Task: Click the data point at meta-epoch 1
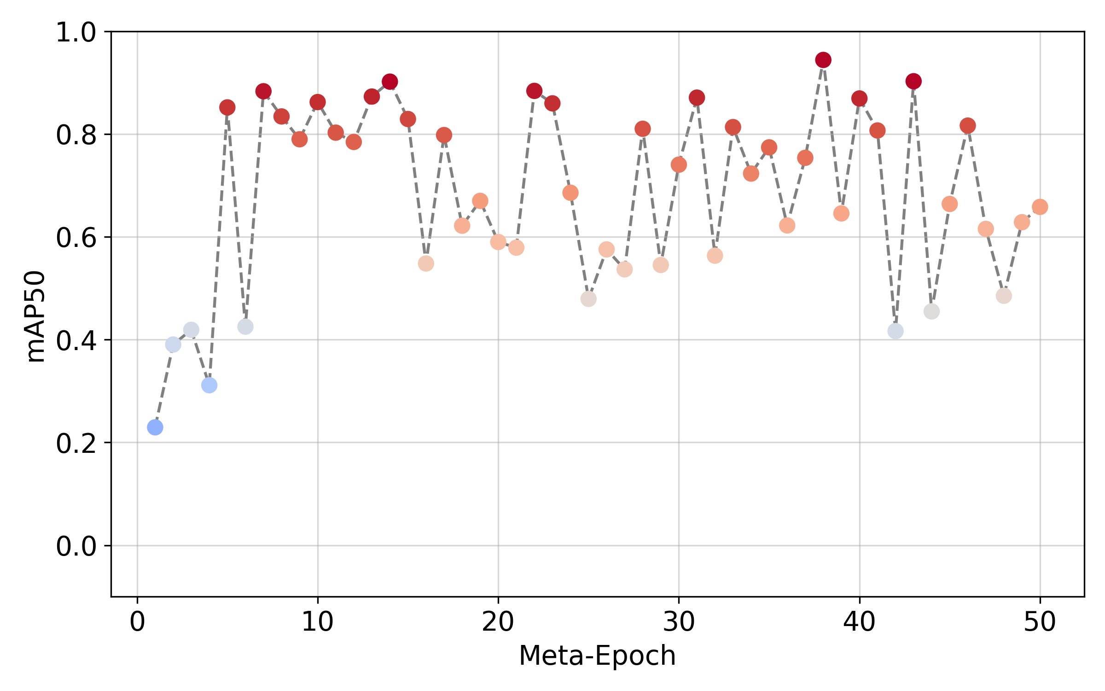(155, 427)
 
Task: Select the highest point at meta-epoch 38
(823, 60)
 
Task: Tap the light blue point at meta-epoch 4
(209, 385)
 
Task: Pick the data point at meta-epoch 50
(1040, 207)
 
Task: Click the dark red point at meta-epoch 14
(390, 82)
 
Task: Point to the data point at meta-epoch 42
(896, 331)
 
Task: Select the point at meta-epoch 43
(913, 82)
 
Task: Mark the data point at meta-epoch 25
(588, 299)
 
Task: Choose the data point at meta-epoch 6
(245, 327)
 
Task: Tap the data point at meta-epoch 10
(318, 102)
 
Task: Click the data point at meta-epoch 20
(498, 242)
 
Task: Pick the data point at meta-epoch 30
(679, 165)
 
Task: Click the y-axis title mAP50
(35, 317)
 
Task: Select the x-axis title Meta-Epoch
(597, 656)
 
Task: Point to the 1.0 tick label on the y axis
(76, 33)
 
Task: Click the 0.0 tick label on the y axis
(76, 547)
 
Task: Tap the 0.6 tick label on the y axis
(76, 238)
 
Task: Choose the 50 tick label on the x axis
(1040, 623)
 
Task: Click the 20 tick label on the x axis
(498, 623)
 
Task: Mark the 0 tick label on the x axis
(137, 623)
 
